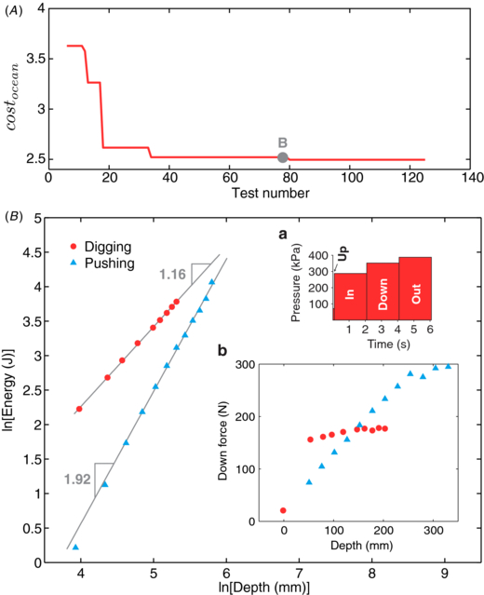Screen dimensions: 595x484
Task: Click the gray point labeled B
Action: pos(282,157)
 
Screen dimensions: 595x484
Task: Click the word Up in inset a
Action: pos(342,256)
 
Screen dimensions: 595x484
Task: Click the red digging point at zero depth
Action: pos(283,510)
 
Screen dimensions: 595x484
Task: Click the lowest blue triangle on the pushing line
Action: pos(75,548)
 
